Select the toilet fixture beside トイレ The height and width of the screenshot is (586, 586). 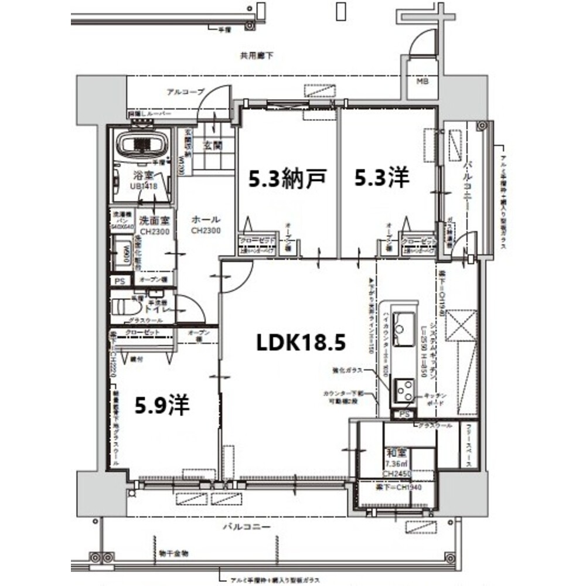(x=122, y=308)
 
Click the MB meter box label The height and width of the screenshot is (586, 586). (x=423, y=81)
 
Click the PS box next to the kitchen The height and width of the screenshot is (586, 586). (x=403, y=415)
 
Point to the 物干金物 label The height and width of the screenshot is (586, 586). (x=173, y=553)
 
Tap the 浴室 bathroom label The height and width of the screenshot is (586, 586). (x=142, y=175)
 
